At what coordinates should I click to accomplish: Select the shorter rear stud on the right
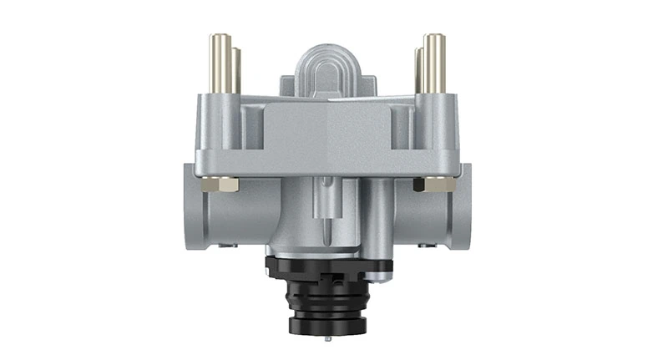click(419, 70)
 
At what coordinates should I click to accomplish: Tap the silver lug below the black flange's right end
click(386, 272)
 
